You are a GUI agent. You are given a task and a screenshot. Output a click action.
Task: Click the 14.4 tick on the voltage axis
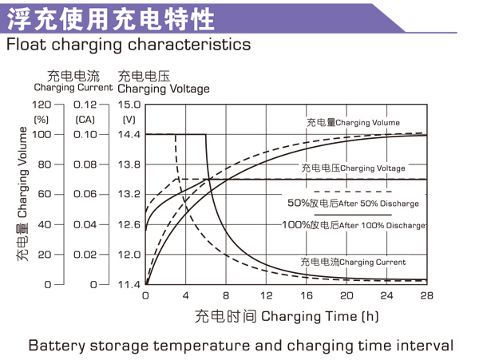point(129,134)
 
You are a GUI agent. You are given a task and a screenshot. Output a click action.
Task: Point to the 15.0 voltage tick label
point(129,105)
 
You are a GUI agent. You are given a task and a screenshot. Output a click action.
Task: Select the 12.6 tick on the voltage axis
point(129,224)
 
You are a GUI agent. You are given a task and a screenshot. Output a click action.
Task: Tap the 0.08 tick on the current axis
point(85,164)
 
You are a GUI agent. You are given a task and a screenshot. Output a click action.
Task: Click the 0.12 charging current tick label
point(85,105)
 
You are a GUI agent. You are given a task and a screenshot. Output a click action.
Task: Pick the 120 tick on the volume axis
point(41,105)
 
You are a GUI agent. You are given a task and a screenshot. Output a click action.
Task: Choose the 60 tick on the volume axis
point(44,194)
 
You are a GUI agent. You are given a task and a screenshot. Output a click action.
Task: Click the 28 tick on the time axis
point(426,296)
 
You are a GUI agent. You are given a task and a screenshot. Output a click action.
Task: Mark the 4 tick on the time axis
point(185,296)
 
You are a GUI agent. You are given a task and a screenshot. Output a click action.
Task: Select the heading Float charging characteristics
point(129,44)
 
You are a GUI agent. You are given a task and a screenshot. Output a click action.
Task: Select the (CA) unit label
point(85,119)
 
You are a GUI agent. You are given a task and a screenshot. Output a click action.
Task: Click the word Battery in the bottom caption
point(57,346)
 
